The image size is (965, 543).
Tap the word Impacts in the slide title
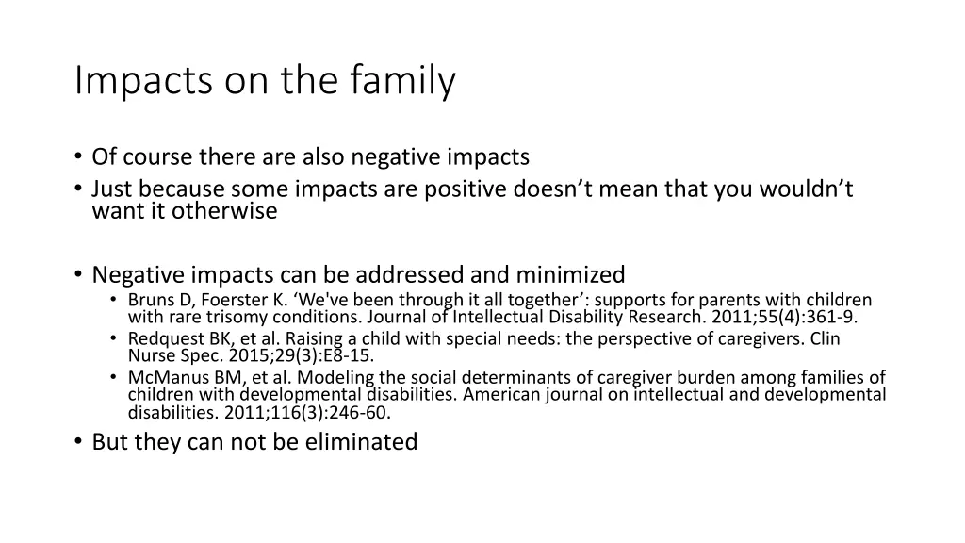140,82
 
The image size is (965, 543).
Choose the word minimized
570,275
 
